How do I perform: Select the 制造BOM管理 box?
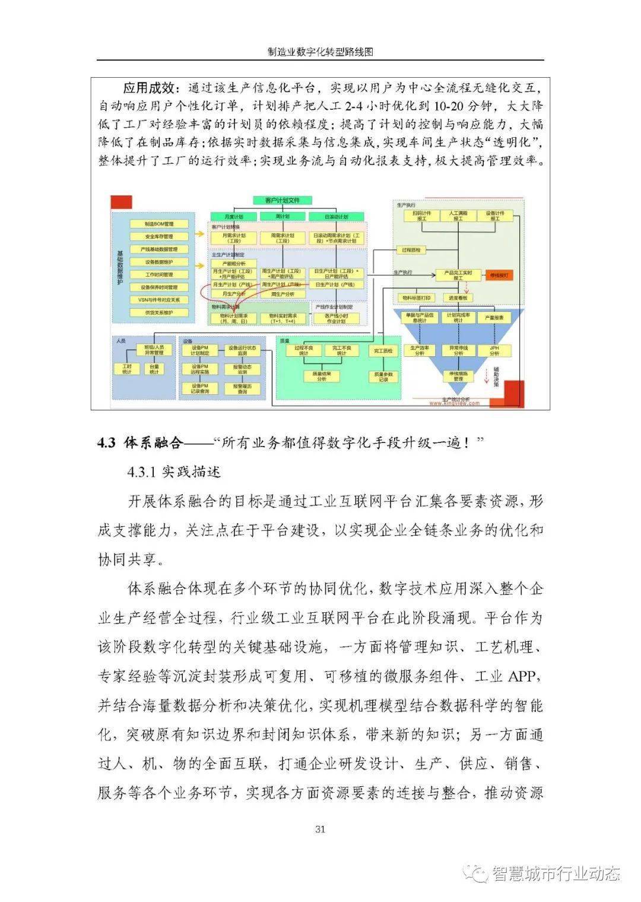(x=159, y=224)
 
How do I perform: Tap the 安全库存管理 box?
(x=159, y=236)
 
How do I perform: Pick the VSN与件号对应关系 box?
(x=159, y=300)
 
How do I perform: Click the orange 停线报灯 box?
(x=499, y=276)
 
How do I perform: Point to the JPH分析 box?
(x=494, y=350)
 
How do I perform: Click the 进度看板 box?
(x=458, y=297)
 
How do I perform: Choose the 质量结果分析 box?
(x=322, y=376)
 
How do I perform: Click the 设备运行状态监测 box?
(x=243, y=350)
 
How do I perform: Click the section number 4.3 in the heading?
(x=107, y=443)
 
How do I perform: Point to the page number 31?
(x=320, y=829)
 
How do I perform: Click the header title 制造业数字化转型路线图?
(x=320, y=52)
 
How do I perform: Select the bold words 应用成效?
(x=149, y=88)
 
